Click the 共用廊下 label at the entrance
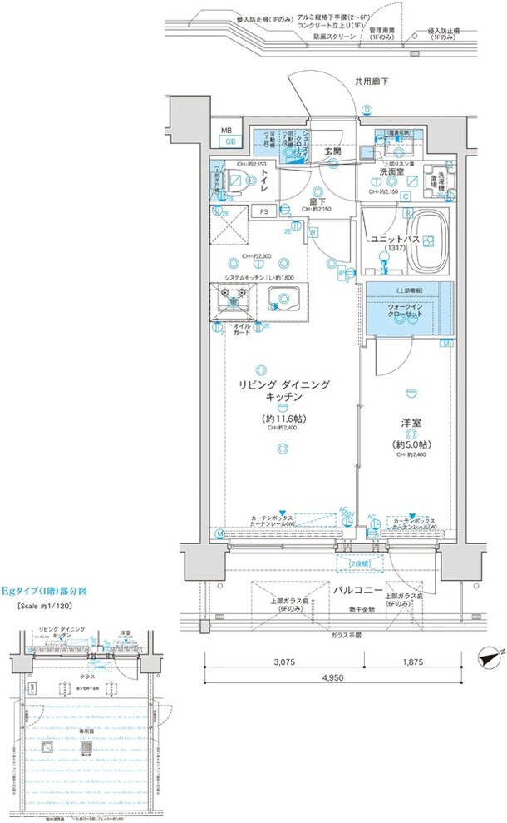[372, 82]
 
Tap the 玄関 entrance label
[334, 151]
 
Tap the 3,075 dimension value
[284, 663]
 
